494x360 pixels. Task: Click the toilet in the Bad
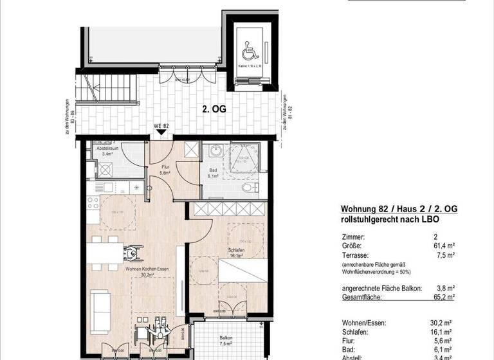click(250, 187)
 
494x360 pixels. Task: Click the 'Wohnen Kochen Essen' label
click(147, 269)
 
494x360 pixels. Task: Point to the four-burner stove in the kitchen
click(105, 170)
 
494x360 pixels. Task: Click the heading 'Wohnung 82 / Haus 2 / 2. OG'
click(398, 210)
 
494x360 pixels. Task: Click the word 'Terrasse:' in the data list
click(355, 255)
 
